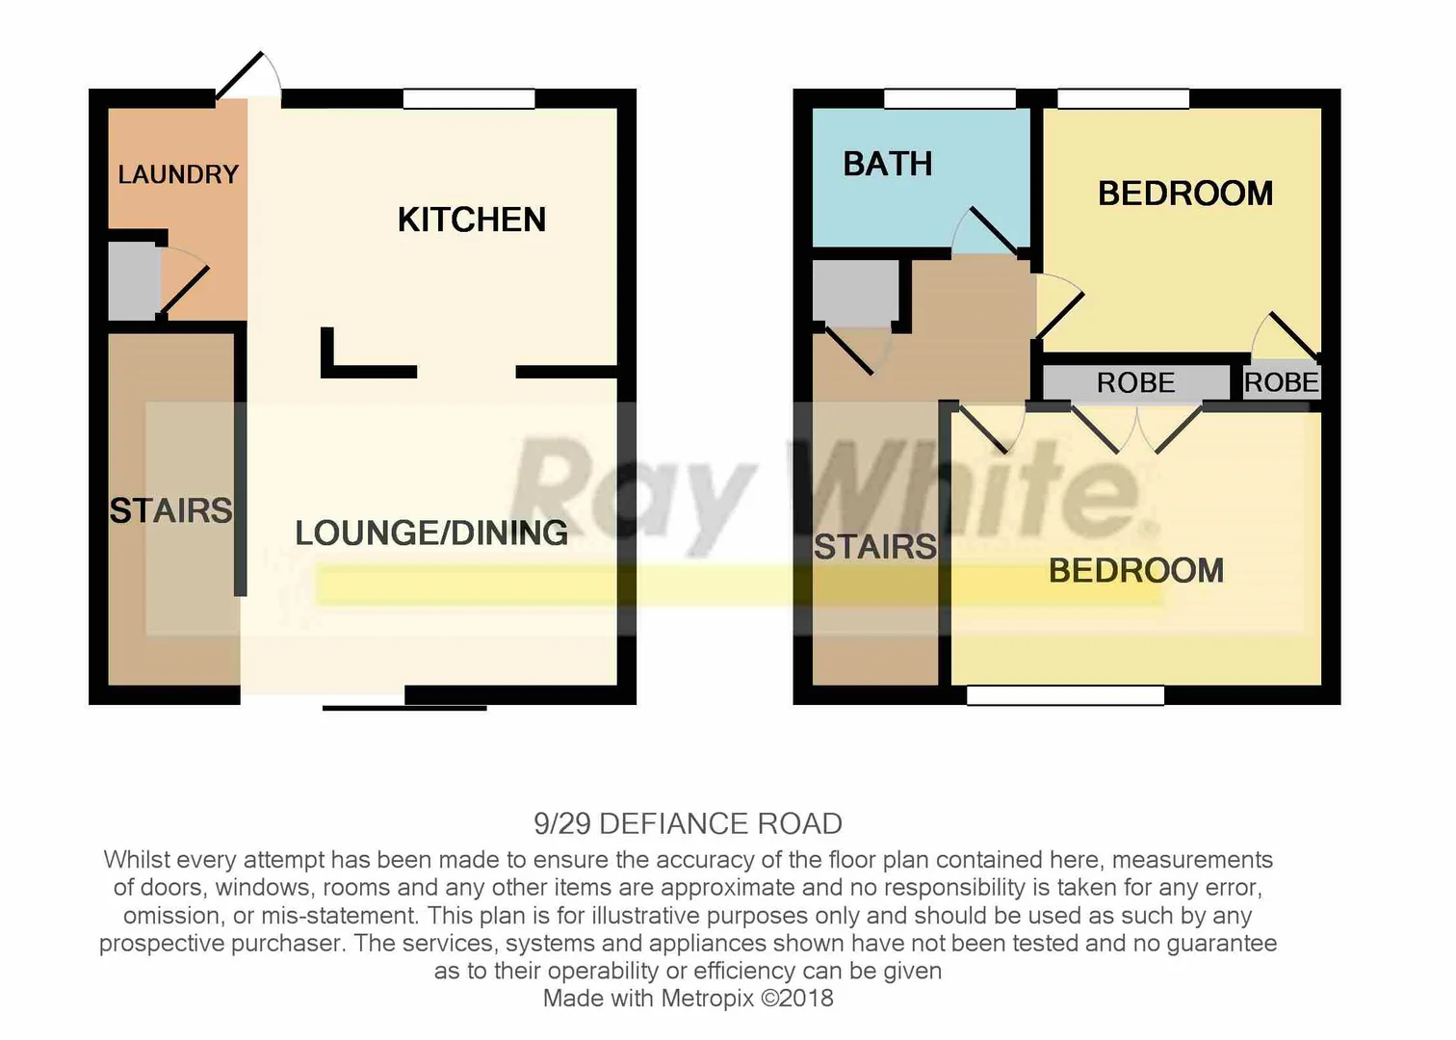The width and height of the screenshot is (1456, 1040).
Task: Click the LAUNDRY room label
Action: (178, 174)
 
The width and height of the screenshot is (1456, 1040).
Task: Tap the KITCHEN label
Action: (472, 220)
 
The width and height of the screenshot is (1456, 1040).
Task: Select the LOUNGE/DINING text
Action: (431, 533)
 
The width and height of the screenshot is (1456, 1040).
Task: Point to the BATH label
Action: (888, 164)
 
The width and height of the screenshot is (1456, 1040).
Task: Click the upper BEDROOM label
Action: (1185, 194)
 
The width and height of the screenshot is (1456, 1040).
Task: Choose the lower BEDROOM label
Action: (1136, 570)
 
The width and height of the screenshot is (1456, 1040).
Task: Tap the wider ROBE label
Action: (1136, 382)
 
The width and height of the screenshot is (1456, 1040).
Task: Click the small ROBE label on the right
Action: (1281, 382)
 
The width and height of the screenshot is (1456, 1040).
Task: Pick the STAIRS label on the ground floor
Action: (170, 510)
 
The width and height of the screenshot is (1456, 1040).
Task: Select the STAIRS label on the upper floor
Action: (874, 546)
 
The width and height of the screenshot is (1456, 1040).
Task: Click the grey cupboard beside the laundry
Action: (133, 281)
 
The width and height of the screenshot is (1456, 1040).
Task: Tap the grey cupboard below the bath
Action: (854, 291)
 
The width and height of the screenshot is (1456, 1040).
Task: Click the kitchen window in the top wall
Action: (469, 98)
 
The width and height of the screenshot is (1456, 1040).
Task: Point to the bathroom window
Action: (949, 98)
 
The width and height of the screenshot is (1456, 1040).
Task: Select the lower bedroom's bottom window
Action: (1065, 695)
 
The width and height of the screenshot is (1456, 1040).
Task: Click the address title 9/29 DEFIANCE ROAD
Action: (688, 824)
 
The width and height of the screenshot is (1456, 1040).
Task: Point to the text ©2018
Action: (797, 999)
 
